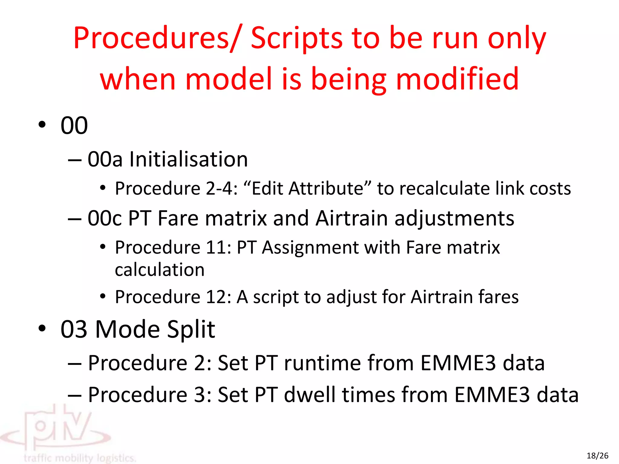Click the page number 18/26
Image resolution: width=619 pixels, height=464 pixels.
point(597,456)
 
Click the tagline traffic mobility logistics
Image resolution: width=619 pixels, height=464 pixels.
point(80,458)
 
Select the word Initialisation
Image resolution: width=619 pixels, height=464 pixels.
point(189,159)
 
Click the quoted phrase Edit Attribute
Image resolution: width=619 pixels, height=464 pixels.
point(307,189)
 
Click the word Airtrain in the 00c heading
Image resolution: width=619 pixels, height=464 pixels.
point(352,218)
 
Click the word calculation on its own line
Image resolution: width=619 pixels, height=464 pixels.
point(160,270)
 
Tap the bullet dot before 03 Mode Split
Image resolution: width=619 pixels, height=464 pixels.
point(42,328)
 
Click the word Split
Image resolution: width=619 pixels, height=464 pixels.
point(191,329)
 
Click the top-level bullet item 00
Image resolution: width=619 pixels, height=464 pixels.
point(74,125)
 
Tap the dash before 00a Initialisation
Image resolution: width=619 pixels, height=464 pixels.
point(74,160)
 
